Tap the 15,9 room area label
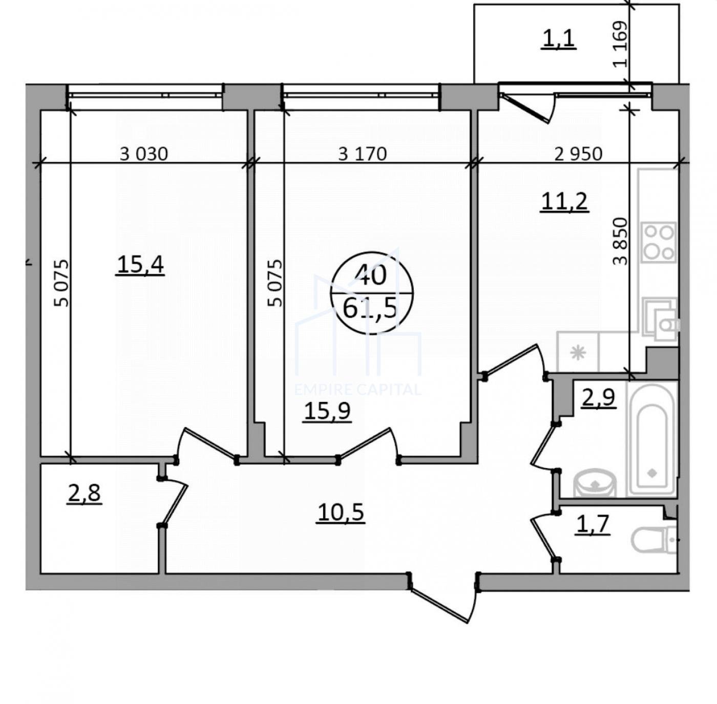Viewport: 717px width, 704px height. (x=327, y=412)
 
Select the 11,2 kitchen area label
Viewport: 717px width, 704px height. (x=565, y=202)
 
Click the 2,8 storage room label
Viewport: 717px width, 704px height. (x=84, y=495)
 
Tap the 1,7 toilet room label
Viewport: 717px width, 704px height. (x=593, y=525)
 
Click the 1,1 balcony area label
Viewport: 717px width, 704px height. (x=559, y=39)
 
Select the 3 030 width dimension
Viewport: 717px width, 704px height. (x=144, y=154)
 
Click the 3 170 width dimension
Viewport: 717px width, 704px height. (x=363, y=154)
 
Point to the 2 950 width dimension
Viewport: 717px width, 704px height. (x=578, y=154)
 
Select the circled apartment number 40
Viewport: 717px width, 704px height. (x=371, y=276)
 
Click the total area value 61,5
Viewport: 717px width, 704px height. (x=371, y=309)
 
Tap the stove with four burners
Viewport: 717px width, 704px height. (x=660, y=242)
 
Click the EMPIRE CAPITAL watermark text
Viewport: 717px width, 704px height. (x=358, y=390)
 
